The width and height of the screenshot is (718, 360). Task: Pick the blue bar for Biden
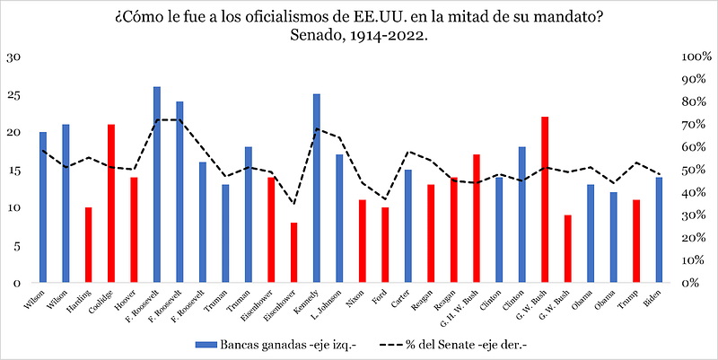point(659,229)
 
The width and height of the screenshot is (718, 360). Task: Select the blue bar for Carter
point(407,225)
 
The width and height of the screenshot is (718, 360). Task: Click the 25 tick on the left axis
point(13,94)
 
